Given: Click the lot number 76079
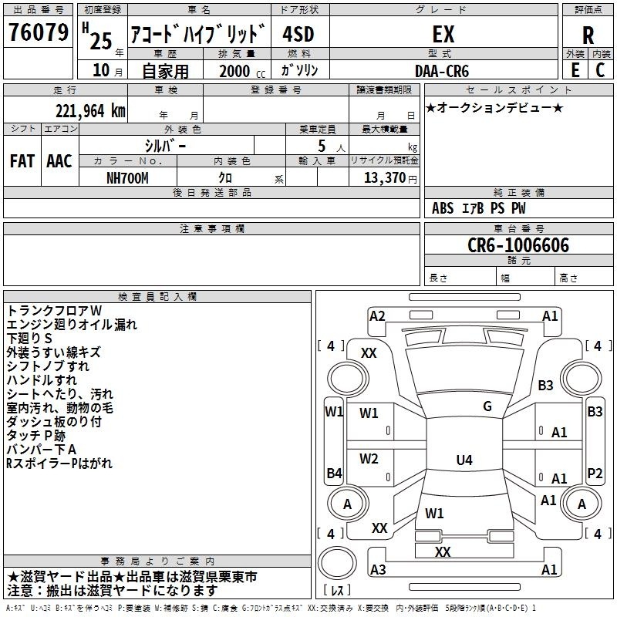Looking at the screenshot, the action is (x=39, y=32).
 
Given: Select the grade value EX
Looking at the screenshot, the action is (x=443, y=34).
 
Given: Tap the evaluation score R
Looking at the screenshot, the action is (x=588, y=35).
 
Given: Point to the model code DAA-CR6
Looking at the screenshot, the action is (x=442, y=71).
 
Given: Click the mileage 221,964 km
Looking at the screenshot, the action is (x=90, y=111).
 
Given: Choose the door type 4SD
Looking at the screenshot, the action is (x=298, y=34).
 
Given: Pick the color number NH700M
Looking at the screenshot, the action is (x=127, y=178).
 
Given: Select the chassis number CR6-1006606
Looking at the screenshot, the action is (x=518, y=245).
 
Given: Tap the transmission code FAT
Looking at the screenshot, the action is (x=22, y=161).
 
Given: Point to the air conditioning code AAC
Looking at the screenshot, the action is (x=59, y=161).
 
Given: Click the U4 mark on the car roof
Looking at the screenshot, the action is (x=464, y=460).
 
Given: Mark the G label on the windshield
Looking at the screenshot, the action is (x=487, y=406).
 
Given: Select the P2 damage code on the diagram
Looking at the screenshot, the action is (x=595, y=474).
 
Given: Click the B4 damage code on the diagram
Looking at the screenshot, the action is (x=335, y=473).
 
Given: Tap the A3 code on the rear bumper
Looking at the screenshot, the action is (x=378, y=569).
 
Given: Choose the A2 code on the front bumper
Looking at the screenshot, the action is (x=377, y=316).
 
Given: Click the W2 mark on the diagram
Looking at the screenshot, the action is (x=369, y=459).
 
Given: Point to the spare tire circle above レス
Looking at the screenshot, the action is (x=337, y=563).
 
